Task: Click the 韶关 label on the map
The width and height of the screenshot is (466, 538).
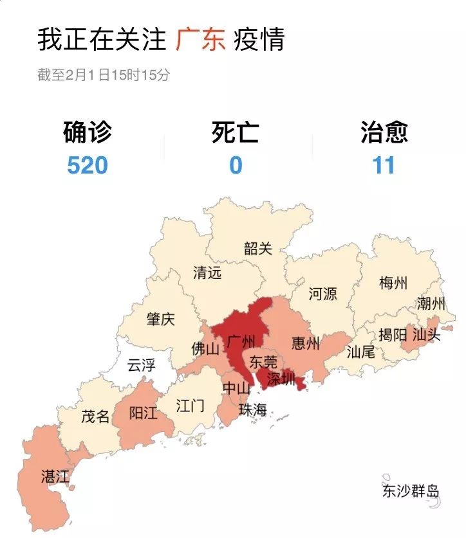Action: [x=258, y=249]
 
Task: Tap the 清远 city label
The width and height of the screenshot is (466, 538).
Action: [x=207, y=273]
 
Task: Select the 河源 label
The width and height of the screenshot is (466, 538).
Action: [x=322, y=294]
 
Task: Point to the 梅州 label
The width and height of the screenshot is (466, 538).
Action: [x=393, y=283]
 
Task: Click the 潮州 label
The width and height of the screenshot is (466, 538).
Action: [x=431, y=303]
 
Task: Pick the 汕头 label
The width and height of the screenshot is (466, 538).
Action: [x=426, y=334]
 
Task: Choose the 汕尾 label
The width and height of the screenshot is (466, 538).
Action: [x=360, y=352]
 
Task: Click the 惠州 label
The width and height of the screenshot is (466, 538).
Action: [x=305, y=343]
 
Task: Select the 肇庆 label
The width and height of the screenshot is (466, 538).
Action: [x=160, y=319]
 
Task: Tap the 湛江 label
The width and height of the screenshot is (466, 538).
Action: [x=55, y=476]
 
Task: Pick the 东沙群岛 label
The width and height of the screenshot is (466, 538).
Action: [x=410, y=492]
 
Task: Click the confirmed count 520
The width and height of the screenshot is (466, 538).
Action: [x=88, y=165]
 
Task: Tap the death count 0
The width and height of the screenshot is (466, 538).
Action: [x=236, y=165]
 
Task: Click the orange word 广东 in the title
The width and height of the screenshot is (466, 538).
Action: [x=200, y=40]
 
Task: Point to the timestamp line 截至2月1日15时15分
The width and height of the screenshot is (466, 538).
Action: [x=104, y=75]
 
